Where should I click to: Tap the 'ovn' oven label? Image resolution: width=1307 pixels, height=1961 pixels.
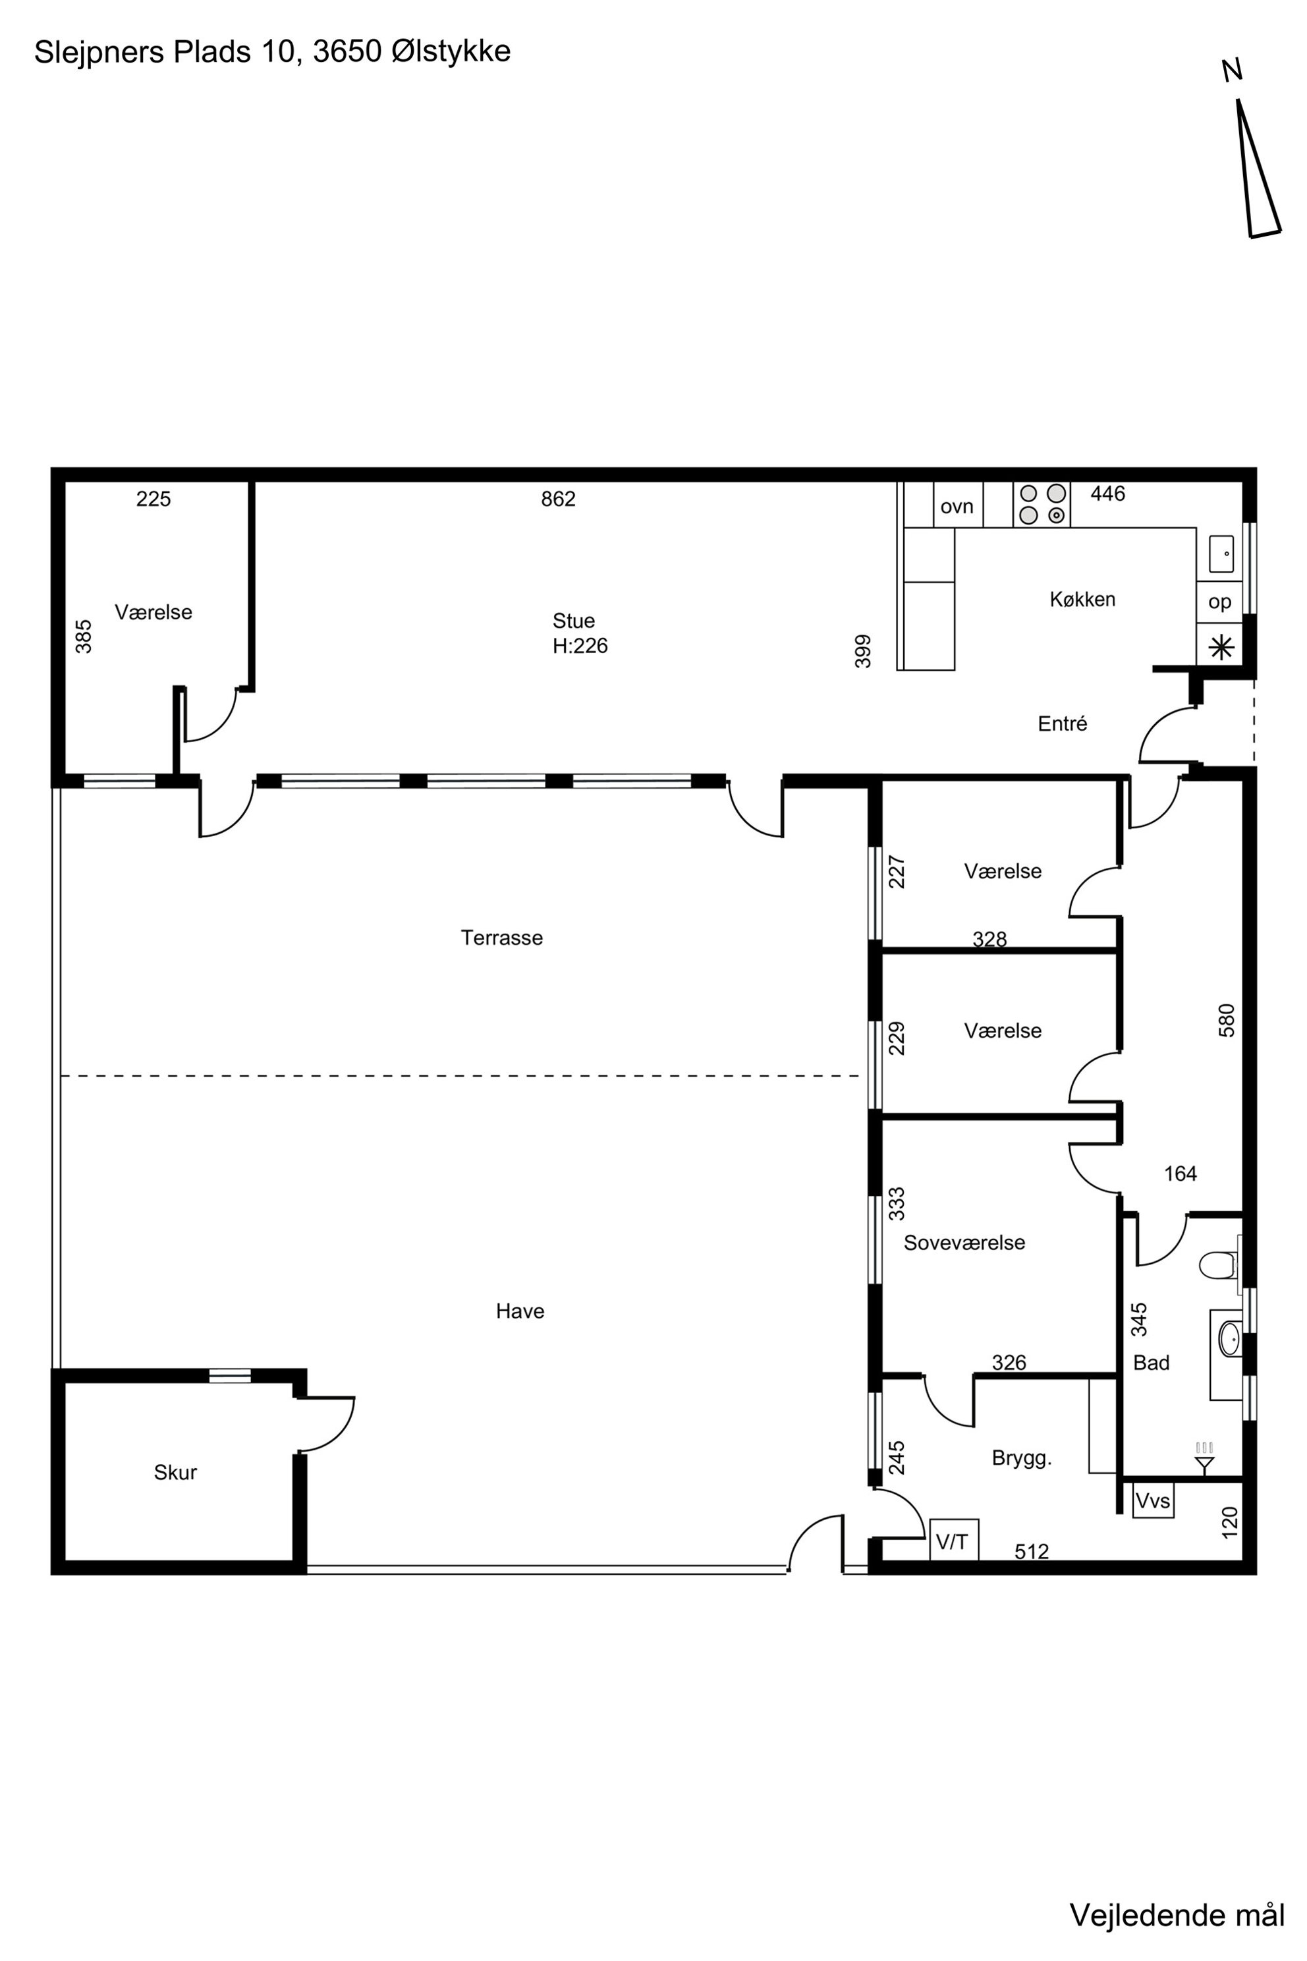957,506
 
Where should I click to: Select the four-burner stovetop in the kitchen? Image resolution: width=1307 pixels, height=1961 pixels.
1042,505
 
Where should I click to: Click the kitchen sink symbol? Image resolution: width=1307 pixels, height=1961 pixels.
1221,554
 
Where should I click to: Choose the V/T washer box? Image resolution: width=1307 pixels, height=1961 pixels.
954,1539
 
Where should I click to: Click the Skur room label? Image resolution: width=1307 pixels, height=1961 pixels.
175,1473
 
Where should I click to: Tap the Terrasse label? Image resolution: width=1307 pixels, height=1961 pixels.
502,938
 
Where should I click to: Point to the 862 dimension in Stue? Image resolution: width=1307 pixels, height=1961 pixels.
559,499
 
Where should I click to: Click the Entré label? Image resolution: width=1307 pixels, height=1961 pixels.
1063,724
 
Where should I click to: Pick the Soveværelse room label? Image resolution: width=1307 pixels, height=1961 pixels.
964,1242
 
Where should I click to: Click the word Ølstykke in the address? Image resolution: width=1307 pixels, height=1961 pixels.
451,51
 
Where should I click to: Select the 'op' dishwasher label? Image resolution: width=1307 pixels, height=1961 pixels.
1219,602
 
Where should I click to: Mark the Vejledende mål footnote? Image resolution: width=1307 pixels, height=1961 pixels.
1177,1914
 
